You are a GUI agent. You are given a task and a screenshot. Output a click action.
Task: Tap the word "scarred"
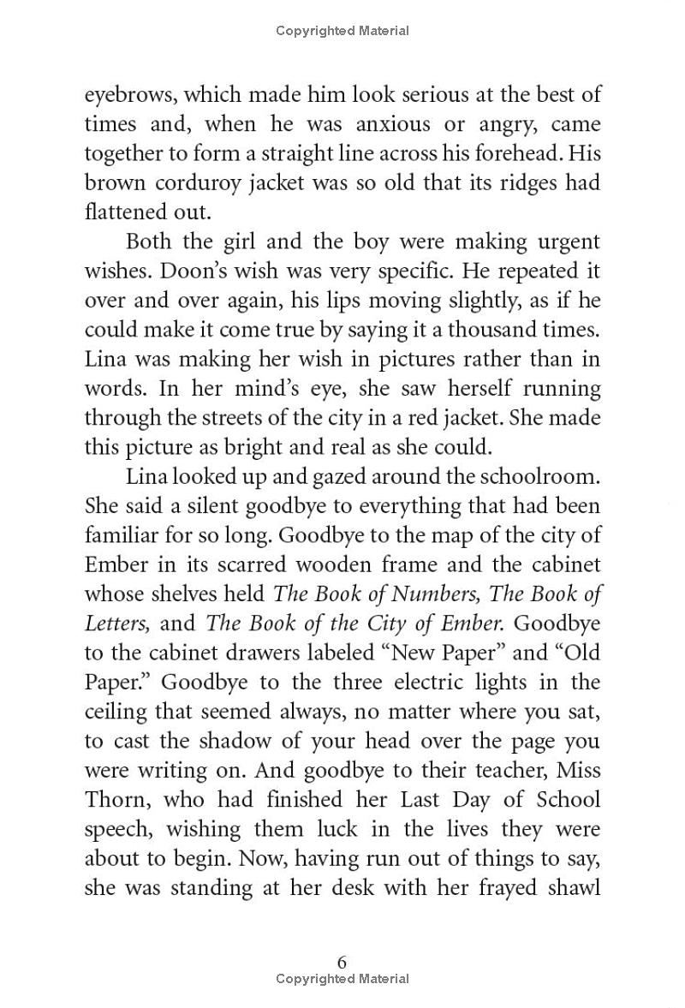pos(283,564)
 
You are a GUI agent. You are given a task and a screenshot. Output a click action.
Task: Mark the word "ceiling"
pos(117,712)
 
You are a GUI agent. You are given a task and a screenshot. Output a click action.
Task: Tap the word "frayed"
pos(487,888)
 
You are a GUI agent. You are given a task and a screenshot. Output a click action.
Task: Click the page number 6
pos(342,962)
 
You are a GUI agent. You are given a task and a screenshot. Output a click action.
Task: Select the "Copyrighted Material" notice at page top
pos(342,31)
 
